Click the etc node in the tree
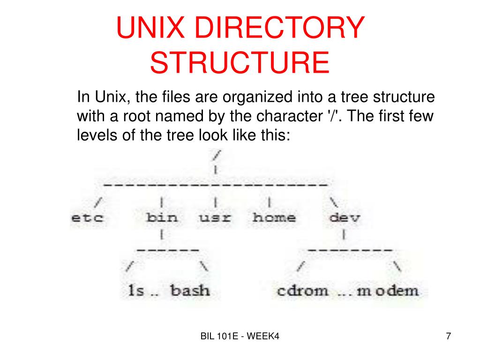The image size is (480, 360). click(87, 218)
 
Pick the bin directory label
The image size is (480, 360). click(162, 218)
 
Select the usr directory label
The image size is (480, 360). click(215, 218)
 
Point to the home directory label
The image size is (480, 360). click(274, 218)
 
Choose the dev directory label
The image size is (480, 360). click(345, 218)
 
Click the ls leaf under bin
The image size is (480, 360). click(136, 290)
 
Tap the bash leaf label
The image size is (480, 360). click(190, 290)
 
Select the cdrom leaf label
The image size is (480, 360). click(302, 290)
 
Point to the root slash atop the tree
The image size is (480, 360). click(216, 154)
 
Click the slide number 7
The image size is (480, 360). click(449, 336)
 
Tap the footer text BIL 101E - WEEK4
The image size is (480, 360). click(240, 336)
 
